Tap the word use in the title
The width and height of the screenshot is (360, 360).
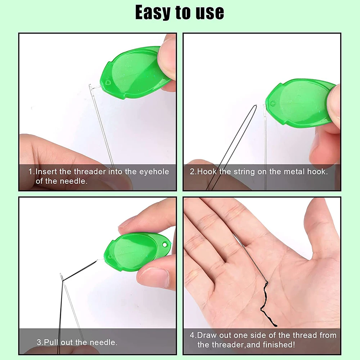208,13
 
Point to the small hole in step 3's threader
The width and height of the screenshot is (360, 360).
165,245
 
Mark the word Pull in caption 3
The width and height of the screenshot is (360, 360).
53,342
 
